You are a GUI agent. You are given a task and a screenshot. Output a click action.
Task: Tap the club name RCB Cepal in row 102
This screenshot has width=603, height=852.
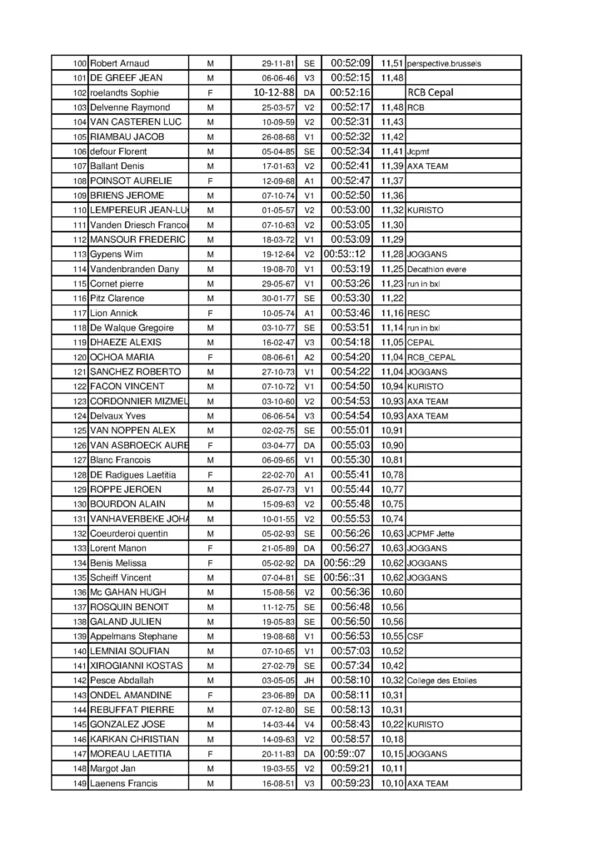(x=431, y=92)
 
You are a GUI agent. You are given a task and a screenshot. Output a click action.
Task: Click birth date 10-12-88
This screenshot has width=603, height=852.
(x=273, y=92)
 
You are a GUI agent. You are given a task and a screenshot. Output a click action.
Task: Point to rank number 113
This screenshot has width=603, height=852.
(x=80, y=254)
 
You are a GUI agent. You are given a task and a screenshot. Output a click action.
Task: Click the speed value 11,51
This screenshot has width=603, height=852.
(x=392, y=63)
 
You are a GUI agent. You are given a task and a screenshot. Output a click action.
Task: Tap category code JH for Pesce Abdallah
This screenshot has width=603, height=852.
(x=310, y=680)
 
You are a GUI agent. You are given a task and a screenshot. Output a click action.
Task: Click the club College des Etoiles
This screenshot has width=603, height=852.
(x=442, y=680)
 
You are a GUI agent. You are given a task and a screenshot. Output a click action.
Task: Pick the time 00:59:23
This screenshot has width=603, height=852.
(x=351, y=783)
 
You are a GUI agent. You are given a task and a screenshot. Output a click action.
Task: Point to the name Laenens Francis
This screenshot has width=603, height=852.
(x=123, y=783)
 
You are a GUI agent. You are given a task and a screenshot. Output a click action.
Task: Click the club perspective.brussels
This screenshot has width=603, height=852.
(x=445, y=63)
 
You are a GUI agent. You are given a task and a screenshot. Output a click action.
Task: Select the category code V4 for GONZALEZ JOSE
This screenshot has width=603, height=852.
(x=310, y=724)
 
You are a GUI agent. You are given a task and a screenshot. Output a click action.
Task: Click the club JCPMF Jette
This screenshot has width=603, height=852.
(x=432, y=532)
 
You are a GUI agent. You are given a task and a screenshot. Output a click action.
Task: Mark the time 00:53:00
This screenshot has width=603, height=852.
(x=351, y=210)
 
